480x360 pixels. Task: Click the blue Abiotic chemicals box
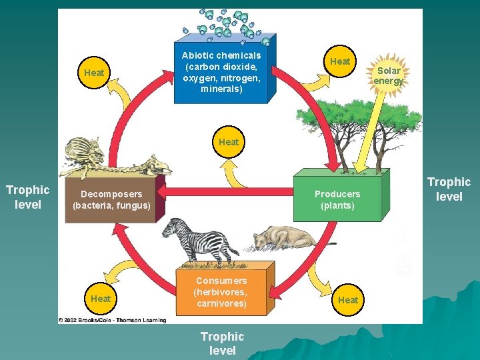tap(221, 73)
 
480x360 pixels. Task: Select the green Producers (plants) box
tap(337, 199)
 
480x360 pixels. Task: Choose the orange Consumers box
tap(221, 292)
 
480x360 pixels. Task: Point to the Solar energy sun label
tap(388, 76)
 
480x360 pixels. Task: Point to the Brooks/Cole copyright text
tap(112, 319)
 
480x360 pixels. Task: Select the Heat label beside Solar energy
tap(340, 61)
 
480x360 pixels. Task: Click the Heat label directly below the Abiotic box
tap(229, 142)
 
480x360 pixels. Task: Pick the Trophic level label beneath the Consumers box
tap(222, 343)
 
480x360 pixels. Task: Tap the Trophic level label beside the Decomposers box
tap(27, 197)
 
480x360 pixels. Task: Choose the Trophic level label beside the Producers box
tap(449, 189)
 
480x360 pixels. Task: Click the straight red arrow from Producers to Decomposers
tap(227, 192)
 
